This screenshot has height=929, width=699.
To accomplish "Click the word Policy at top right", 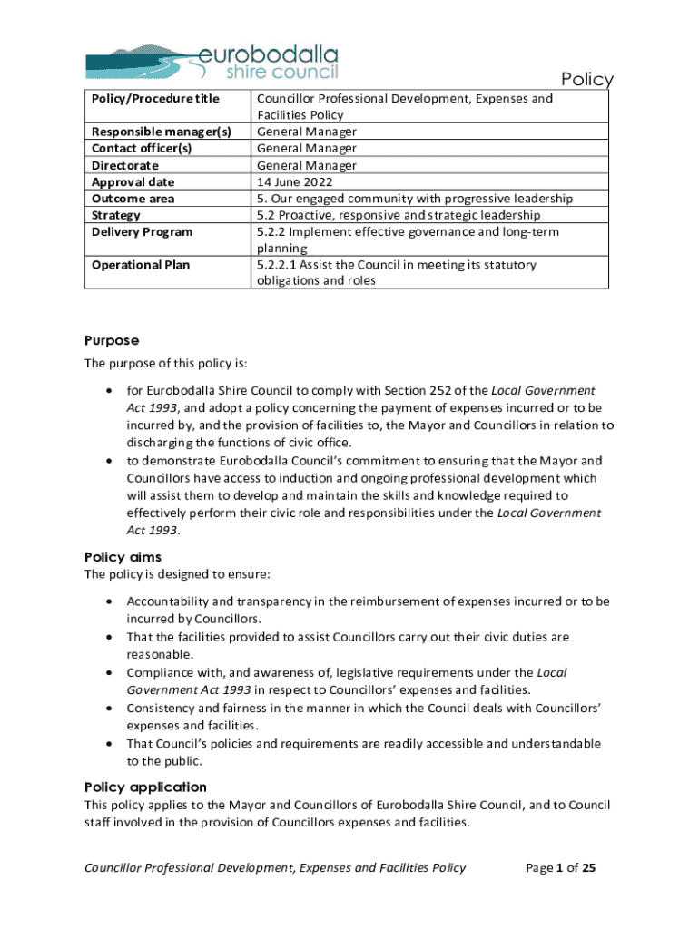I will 586,80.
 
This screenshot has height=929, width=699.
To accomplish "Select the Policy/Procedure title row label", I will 155,98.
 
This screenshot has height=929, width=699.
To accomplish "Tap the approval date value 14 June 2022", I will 294,181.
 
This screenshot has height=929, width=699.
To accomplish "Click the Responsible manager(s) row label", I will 162,132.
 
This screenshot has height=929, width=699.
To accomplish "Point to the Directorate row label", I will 125,165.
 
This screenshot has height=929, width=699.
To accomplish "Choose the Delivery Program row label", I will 143,232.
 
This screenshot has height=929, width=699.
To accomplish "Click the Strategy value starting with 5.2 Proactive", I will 399,215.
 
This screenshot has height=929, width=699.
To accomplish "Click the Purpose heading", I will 112,340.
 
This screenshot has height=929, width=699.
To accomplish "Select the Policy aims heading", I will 123,557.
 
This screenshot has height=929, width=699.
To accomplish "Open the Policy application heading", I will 145,787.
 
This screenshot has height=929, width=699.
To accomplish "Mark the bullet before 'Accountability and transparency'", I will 109,601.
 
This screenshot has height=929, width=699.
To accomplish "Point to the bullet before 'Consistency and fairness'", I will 109,708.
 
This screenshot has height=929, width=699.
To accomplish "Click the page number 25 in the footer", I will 588,868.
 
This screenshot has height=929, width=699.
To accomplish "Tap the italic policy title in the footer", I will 275,868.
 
